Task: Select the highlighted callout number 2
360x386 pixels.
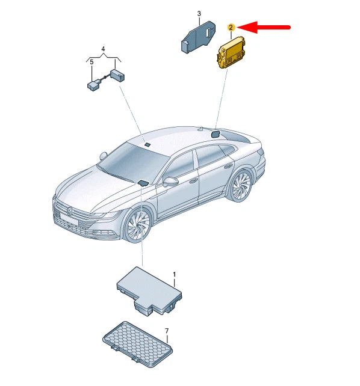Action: coord(231,28)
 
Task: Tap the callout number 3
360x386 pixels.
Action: coord(199,13)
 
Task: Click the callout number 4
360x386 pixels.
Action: coord(102,48)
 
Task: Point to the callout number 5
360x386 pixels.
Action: coord(92,61)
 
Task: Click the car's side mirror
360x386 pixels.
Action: coord(172,181)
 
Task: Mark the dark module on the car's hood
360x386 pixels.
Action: coord(143,183)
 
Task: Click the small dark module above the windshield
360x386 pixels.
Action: coord(147,144)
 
